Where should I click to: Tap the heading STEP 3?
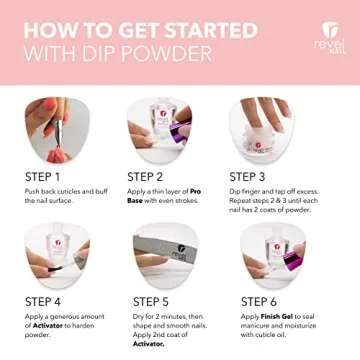253,177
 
